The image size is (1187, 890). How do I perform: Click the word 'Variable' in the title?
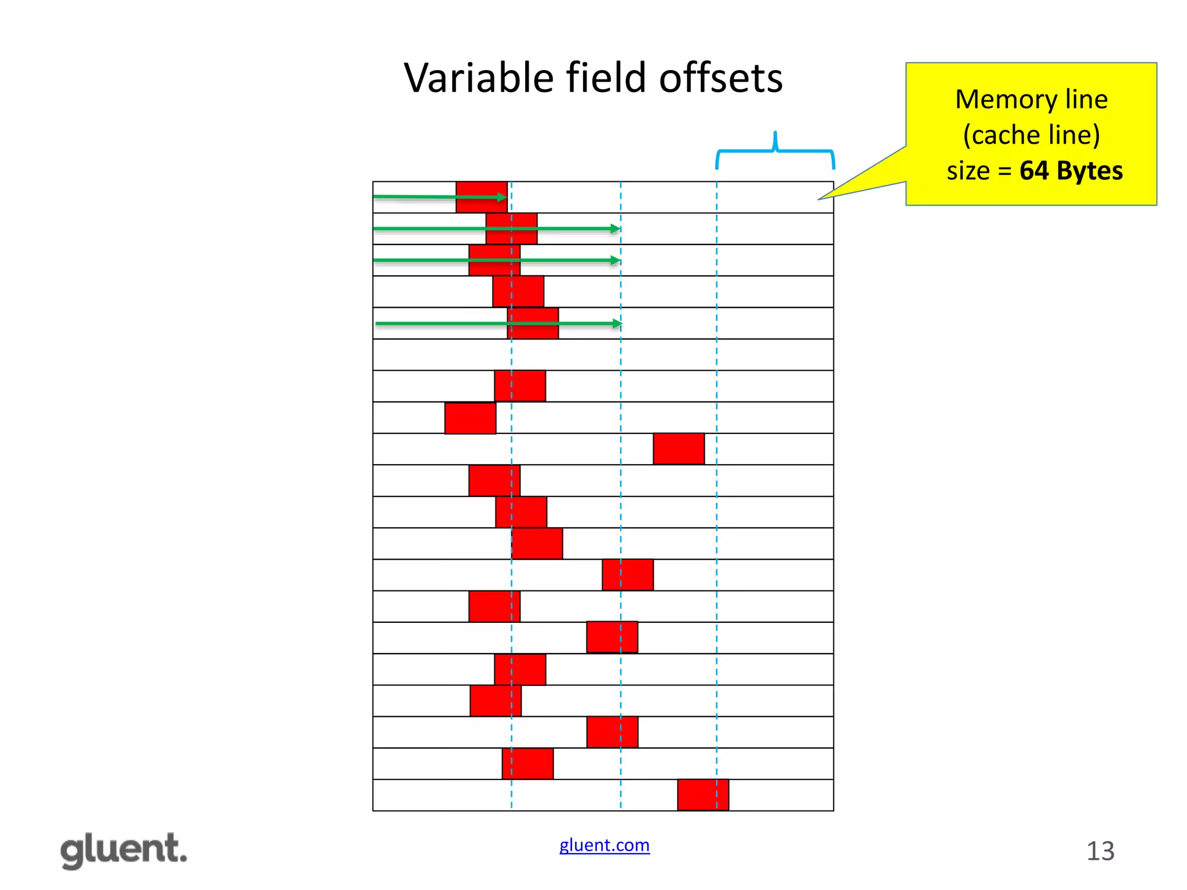(x=479, y=78)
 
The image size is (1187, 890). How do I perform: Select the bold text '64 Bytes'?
(x=1071, y=171)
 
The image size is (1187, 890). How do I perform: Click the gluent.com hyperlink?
(x=604, y=845)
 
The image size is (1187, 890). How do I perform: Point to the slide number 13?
(x=1100, y=851)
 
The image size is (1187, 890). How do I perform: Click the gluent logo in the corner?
(x=124, y=851)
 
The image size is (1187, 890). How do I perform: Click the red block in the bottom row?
(x=703, y=795)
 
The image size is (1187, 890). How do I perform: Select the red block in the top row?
(x=481, y=197)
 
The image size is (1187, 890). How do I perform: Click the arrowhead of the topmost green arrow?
(x=501, y=198)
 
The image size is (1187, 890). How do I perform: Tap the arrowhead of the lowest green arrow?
(x=617, y=323)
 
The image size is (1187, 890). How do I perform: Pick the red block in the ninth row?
(x=679, y=449)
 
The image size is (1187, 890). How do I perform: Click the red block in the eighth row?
(x=470, y=418)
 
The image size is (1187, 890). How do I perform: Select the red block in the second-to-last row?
(x=527, y=764)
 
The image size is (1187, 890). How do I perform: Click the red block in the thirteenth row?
(x=628, y=575)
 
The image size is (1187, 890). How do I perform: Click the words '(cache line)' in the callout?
(x=1031, y=135)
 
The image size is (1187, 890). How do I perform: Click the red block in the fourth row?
(x=518, y=291)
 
